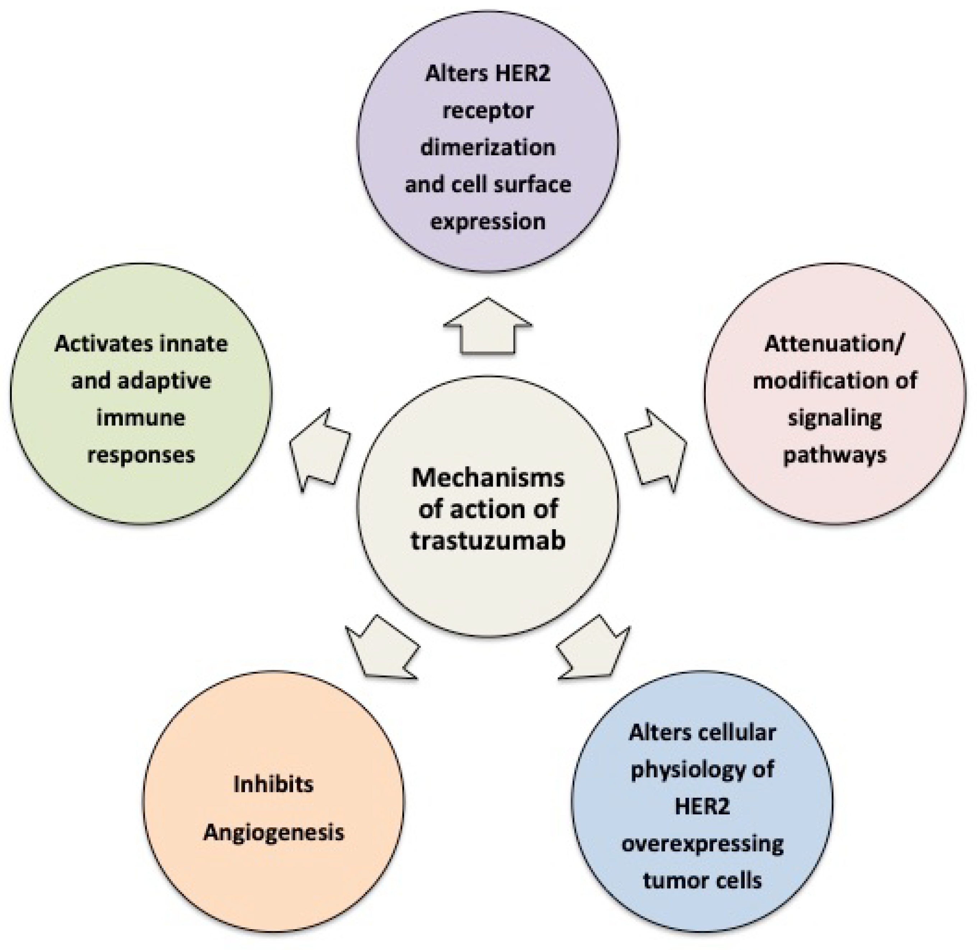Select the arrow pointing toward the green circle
click(x=319, y=449)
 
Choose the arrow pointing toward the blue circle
click(x=593, y=649)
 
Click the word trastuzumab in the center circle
click(x=488, y=541)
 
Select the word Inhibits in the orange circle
click(x=273, y=785)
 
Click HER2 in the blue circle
click(x=702, y=806)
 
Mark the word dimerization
click(x=488, y=148)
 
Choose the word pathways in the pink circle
click(x=834, y=455)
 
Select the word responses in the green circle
click(x=141, y=455)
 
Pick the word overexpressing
click(x=702, y=844)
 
